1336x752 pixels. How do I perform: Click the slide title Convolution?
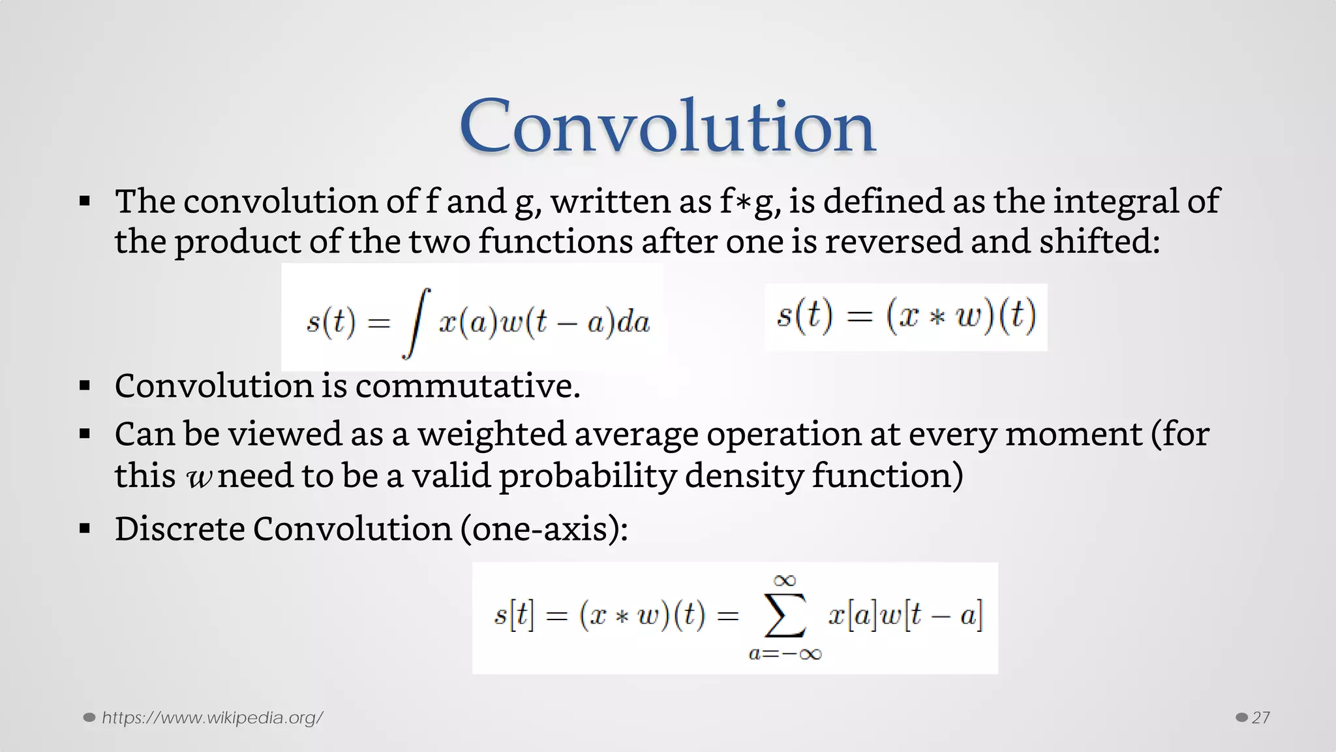coord(667,125)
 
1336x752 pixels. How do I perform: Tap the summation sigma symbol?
coord(785,615)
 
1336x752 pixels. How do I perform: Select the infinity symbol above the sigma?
coord(785,580)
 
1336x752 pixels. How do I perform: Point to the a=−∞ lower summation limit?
coord(785,653)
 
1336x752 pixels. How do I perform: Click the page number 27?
coord(1260,717)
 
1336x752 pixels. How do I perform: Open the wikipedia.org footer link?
coord(212,717)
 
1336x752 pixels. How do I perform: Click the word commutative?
coord(467,385)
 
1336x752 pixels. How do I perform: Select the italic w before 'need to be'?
coord(198,477)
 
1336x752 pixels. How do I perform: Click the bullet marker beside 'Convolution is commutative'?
coord(85,386)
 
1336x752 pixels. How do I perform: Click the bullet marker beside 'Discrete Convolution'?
coord(85,529)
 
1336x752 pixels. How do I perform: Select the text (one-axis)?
coord(543,528)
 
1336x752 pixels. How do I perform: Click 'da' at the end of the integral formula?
coord(633,322)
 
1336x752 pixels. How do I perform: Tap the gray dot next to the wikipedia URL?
coord(89,717)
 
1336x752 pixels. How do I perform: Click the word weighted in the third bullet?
coord(491,434)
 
